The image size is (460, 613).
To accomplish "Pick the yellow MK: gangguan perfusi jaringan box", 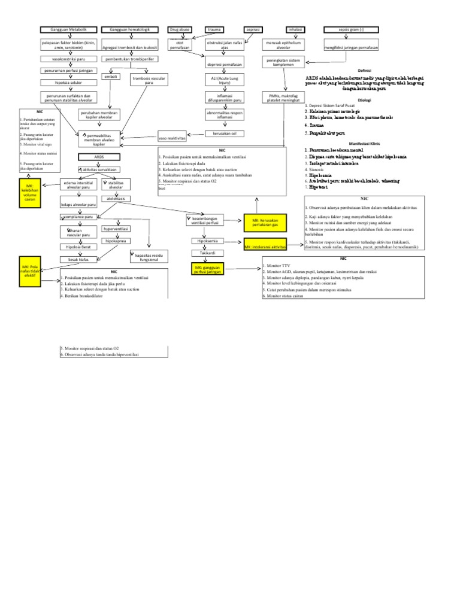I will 207,269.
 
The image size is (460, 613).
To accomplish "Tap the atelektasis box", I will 116,198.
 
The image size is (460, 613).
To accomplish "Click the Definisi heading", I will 364,70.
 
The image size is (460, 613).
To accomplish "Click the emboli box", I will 111,77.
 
